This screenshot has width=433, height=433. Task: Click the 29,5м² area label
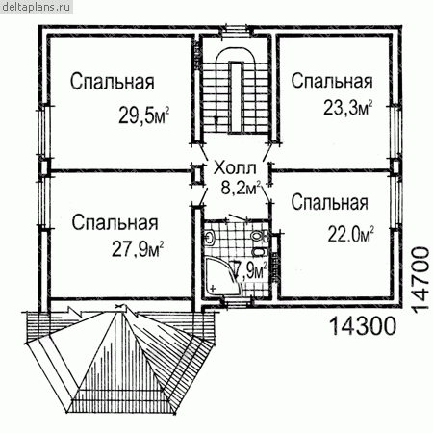pyautogui.click(x=144, y=115)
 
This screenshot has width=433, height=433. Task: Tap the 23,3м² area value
pyautogui.click(x=348, y=108)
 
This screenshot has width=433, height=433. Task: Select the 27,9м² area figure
pyautogui.click(x=138, y=248)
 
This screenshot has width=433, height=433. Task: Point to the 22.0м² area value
pyautogui.click(x=351, y=234)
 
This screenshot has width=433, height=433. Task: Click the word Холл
pyautogui.click(x=235, y=167)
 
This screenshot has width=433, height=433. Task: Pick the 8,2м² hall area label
pyautogui.click(x=241, y=188)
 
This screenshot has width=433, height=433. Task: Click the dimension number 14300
pyautogui.click(x=363, y=325)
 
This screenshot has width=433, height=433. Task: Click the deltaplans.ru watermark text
pyautogui.click(x=36, y=7)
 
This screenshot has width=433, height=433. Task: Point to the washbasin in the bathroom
pyautogui.click(x=210, y=238)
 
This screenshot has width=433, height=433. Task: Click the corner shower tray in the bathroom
pyautogui.click(x=222, y=276)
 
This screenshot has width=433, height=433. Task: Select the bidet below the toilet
pyautogui.click(x=261, y=251)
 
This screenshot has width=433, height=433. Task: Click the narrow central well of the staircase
pyautogui.click(x=236, y=96)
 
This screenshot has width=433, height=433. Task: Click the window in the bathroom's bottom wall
pyautogui.click(x=237, y=302)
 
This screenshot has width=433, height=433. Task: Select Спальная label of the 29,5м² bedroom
pyautogui.click(x=113, y=82)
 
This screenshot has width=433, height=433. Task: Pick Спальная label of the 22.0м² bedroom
pyautogui.click(x=330, y=202)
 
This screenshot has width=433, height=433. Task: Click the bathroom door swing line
pyautogui.click(x=238, y=217)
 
